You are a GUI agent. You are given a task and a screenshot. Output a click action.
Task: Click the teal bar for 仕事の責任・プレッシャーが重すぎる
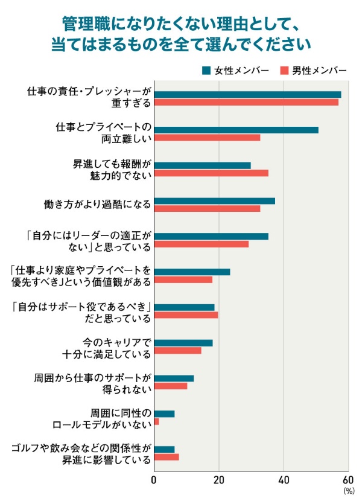click(x=247, y=94)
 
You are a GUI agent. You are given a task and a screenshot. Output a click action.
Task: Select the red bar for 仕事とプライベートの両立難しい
click(x=207, y=138)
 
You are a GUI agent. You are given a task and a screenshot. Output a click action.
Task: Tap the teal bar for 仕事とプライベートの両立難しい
click(x=236, y=130)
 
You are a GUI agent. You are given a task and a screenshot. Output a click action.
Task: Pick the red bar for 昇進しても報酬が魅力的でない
click(x=211, y=173)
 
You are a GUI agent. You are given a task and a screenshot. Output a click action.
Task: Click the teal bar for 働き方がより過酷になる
click(x=214, y=201)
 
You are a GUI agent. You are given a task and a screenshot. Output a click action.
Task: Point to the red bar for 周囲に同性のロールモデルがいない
click(x=157, y=421)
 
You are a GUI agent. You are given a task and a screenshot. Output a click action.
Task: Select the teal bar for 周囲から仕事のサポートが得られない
click(x=174, y=378)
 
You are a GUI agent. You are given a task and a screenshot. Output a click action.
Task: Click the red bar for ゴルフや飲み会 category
click(x=167, y=457)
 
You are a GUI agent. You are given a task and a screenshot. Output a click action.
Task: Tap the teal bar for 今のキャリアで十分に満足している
click(x=183, y=343)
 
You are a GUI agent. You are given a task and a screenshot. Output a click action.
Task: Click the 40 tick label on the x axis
click(x=283, y=480)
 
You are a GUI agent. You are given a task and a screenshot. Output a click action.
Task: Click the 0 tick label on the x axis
click(x=154, y=480)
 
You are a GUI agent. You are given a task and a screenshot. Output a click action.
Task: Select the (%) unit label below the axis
click(x=349, y=491)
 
